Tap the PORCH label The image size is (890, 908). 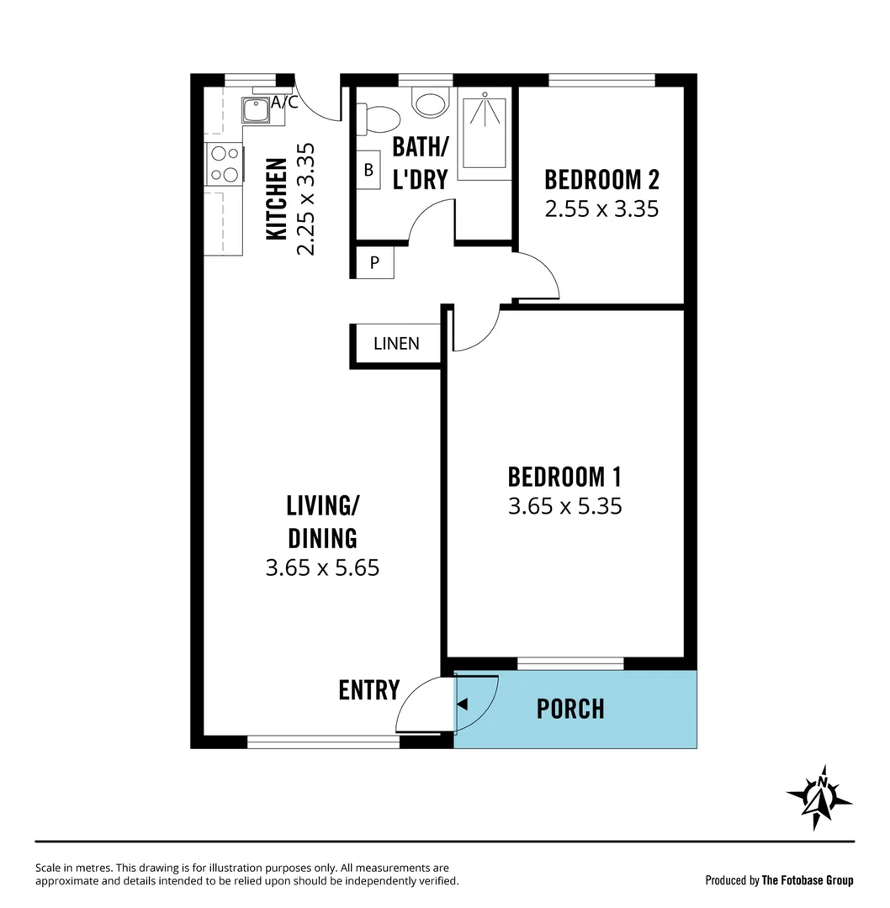[570, 709]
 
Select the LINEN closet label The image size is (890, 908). [396, 344]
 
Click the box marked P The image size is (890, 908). [374, 261]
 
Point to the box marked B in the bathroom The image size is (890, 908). [368, 170]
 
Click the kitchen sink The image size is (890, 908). [254, 110]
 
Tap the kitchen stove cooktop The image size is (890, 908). [225, 164]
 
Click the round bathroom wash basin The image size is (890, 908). [431, 103]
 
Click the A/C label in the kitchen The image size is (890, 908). [284, 103]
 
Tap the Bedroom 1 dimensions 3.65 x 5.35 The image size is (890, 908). [564, 506]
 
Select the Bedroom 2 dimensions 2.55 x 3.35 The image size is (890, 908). [601, 209]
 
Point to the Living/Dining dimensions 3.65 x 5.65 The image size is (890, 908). [322, 568]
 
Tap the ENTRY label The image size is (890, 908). [368, 690]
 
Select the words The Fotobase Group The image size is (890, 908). [807, 880]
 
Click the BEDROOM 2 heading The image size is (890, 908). [601, 179]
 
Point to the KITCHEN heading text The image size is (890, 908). [276, 198]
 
